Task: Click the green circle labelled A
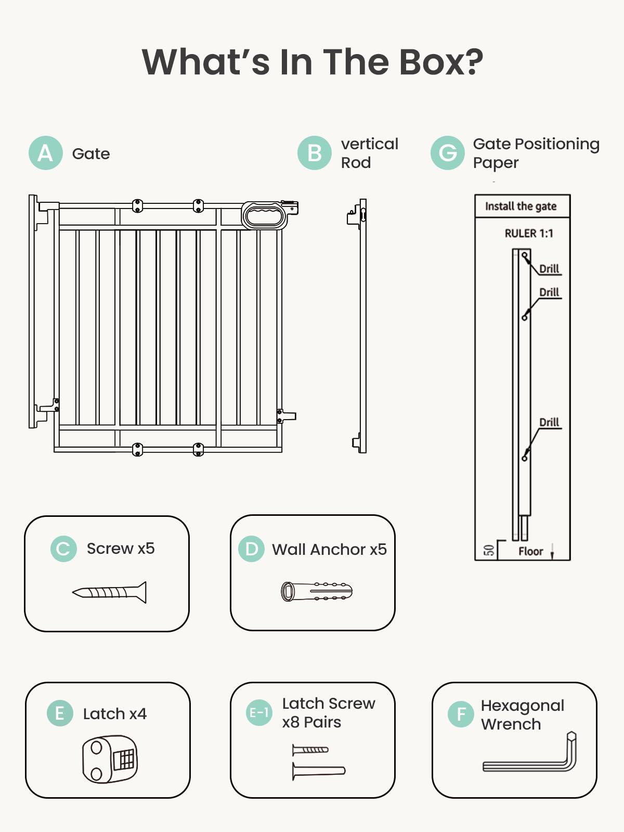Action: [x=46, y=153]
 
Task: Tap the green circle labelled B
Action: [x=315, y=153]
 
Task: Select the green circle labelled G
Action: [x=448, y=153]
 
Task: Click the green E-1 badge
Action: [x=259, y=712]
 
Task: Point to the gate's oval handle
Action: [x=264, y=215]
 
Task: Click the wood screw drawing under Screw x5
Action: [x=110, y=592]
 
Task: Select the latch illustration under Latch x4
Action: [x=110, y=759]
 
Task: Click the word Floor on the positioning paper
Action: [x=530, y=551]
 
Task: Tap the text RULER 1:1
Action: [x=529, y=233]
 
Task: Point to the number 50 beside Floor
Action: [x=489, y=550]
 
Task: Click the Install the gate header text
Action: [x=521, y=206]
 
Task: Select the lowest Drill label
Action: [x=549, y=422]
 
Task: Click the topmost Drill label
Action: [x=549, y=269]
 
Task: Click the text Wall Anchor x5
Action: [x=329, y=549]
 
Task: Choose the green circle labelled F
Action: [x=461, y=714]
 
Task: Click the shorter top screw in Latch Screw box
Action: [x=310, y=750]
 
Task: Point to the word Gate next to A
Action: [x=91, y=154]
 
